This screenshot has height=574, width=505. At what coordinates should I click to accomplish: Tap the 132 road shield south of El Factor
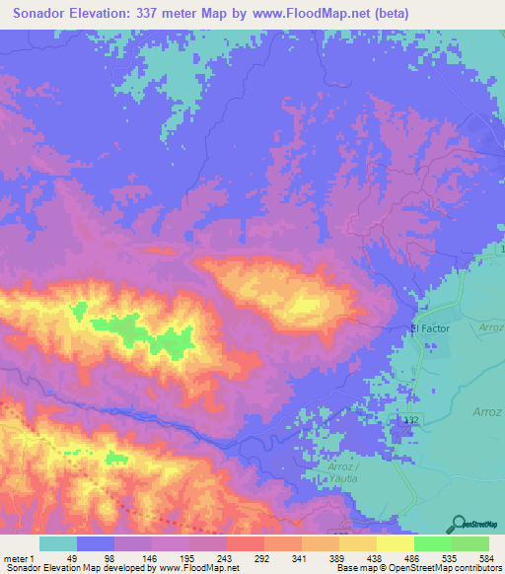[x=410, y=421]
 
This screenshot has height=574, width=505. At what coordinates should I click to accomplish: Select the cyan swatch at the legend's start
[x=58, y=543]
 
